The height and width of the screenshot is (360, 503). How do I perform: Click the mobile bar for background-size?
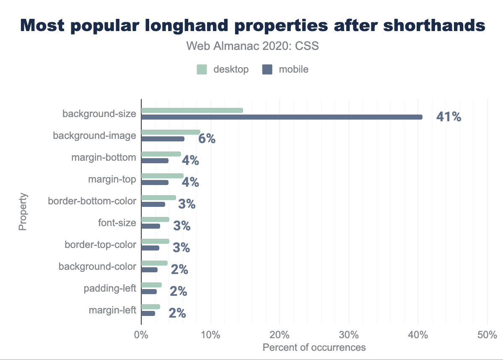(282, 117)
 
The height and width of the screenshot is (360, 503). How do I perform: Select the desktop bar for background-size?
(192, 110)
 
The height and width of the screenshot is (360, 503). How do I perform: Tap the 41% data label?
(449, 117)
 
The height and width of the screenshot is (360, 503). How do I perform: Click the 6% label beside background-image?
(207, 139)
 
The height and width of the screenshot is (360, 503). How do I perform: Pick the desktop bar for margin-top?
(162, 176)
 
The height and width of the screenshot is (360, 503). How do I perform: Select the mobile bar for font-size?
(150, 226)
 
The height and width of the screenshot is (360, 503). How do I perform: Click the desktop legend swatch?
(202, 70)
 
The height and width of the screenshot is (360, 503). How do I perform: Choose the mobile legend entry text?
(294, 70)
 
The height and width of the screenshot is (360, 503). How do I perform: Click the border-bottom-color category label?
(92, 201)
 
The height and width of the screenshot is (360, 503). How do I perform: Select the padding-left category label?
(110, 288)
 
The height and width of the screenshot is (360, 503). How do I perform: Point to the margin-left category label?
(112, 310)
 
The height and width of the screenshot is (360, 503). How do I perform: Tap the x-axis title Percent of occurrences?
(314, 347)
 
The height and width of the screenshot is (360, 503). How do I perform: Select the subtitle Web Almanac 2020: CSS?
(252, 46)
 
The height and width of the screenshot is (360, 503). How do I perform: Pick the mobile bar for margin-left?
(148, 313)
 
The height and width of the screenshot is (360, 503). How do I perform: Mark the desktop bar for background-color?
(154, 263)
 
